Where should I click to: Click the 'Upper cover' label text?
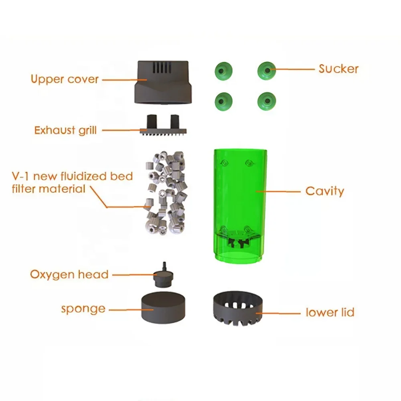pos(65,79)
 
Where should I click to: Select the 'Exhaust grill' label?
pos(65,130)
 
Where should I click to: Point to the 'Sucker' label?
pos(338,69)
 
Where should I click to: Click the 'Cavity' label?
pos(324,191)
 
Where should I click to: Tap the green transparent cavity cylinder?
pos(240,192)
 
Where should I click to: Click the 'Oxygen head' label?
pos(69,275)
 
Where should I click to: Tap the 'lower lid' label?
pos(330,312)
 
